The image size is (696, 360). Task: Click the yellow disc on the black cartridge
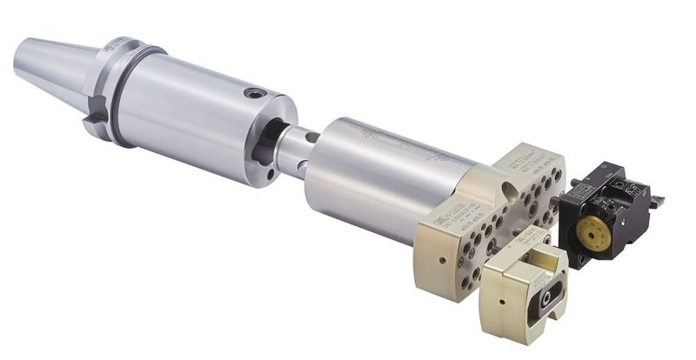coord(594,233)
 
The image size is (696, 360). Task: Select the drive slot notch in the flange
coord(97,113)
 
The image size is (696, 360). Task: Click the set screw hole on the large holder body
coord(254,93)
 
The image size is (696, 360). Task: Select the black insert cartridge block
coord(609,213)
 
